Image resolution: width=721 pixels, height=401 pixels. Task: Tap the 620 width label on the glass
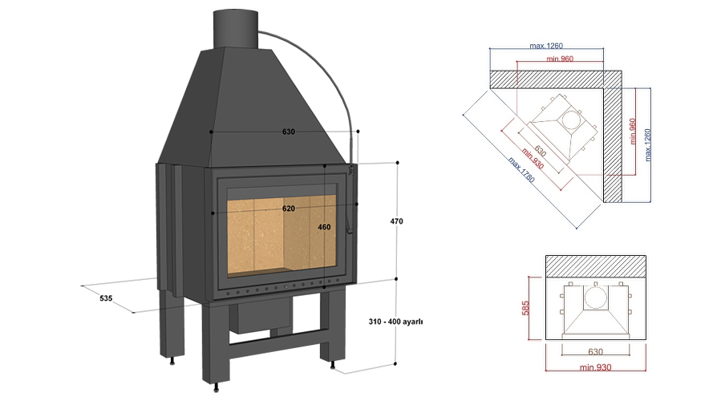288,209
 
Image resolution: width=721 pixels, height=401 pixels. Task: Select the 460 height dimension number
323,227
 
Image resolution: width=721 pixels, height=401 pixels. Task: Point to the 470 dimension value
397,221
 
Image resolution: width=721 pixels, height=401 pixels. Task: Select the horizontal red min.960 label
561,60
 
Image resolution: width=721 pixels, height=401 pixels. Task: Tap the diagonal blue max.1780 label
517,170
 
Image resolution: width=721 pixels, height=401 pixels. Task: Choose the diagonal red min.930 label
532,160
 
